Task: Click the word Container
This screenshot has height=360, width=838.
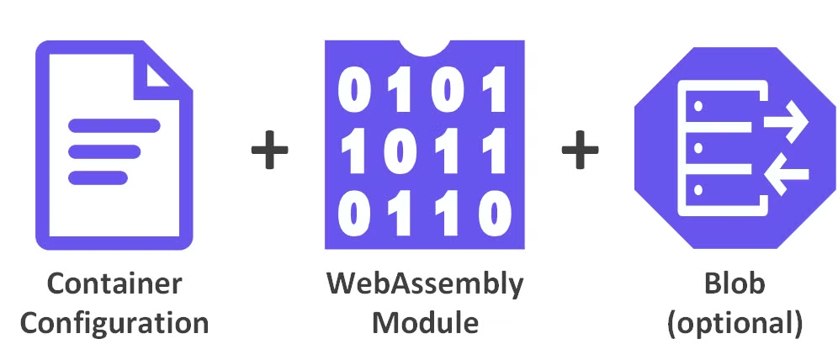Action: [114, 284]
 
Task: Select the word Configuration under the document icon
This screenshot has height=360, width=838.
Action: [114, 322]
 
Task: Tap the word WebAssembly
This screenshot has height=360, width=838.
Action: [424, 284]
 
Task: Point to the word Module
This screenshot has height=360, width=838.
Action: [425, 322]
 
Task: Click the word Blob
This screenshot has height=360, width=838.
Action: [735, 284]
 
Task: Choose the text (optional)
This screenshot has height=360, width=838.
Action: [735, 323]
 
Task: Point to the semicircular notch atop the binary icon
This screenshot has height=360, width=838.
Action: [424, 45]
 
